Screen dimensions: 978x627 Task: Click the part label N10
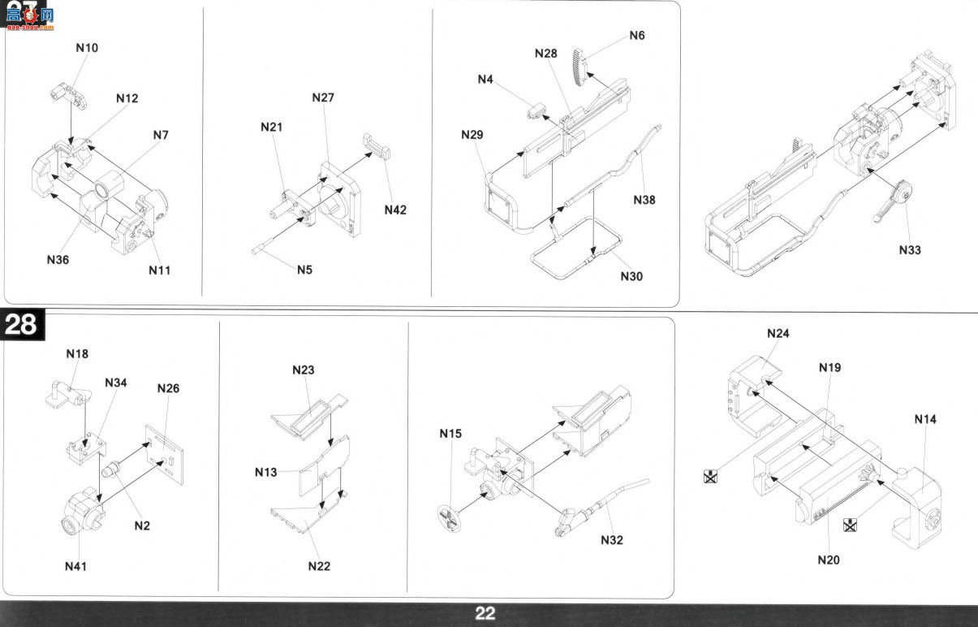click(x=87, y=48)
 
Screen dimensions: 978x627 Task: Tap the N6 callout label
click(x=637, y=36)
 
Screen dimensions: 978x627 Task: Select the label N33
click(x=910, y=250)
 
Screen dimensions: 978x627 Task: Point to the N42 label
click(x=395, y=210)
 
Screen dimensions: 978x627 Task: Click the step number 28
click(x=21, y=325)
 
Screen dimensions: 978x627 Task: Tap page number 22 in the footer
click(x=485, y=613)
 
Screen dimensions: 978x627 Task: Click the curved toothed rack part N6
click(x=579, y=67)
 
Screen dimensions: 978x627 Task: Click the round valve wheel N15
click(x=449, y=518)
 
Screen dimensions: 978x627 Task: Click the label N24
click(x=778, y=334)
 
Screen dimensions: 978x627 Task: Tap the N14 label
click(x=925, y=419)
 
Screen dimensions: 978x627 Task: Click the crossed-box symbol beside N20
click(x=850, y=525)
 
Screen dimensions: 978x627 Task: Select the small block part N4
click(x=536, y=111)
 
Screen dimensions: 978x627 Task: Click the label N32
click(x=612, y=540)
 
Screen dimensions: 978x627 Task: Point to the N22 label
click(x=319, y=566)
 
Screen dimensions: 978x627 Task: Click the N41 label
click(x=75, y=567)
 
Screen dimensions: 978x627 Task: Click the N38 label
click(x=644, y=200)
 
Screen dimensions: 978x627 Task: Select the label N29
click(x=472, y=135)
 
